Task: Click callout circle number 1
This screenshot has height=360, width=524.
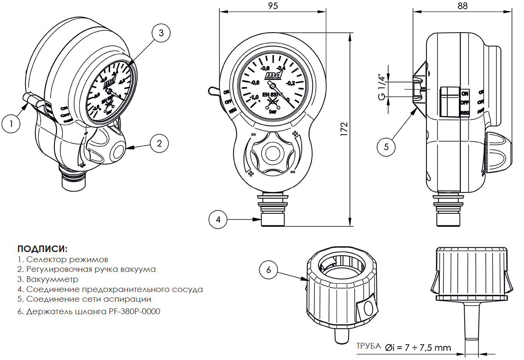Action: pos(11,124)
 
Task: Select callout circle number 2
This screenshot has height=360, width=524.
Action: pos(159,143)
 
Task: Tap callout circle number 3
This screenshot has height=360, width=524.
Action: pos(161,33)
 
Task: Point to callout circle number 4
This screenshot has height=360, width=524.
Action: pos(218,219)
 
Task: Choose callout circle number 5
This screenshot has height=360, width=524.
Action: pos(386,147)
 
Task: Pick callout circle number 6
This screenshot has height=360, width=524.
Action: pos(269,270)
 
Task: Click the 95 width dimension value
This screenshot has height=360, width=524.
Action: pos(273,6)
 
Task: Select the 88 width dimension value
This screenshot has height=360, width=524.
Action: pos(463,6)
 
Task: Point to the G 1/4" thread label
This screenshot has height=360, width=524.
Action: pos(382,87)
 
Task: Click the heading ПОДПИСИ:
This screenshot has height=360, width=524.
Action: pos(42,249)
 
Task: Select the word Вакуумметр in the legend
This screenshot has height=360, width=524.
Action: pos(52,279)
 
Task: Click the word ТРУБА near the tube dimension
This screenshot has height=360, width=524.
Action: pos(369,346)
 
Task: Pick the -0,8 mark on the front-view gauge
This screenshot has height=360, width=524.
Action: pos(255,83)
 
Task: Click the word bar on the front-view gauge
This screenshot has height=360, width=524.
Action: pos(273,111)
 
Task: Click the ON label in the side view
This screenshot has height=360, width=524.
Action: pos(465,94)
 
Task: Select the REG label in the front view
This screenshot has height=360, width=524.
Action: pos(233,111)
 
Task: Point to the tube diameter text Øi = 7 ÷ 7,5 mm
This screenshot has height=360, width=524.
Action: pos(418,348)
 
